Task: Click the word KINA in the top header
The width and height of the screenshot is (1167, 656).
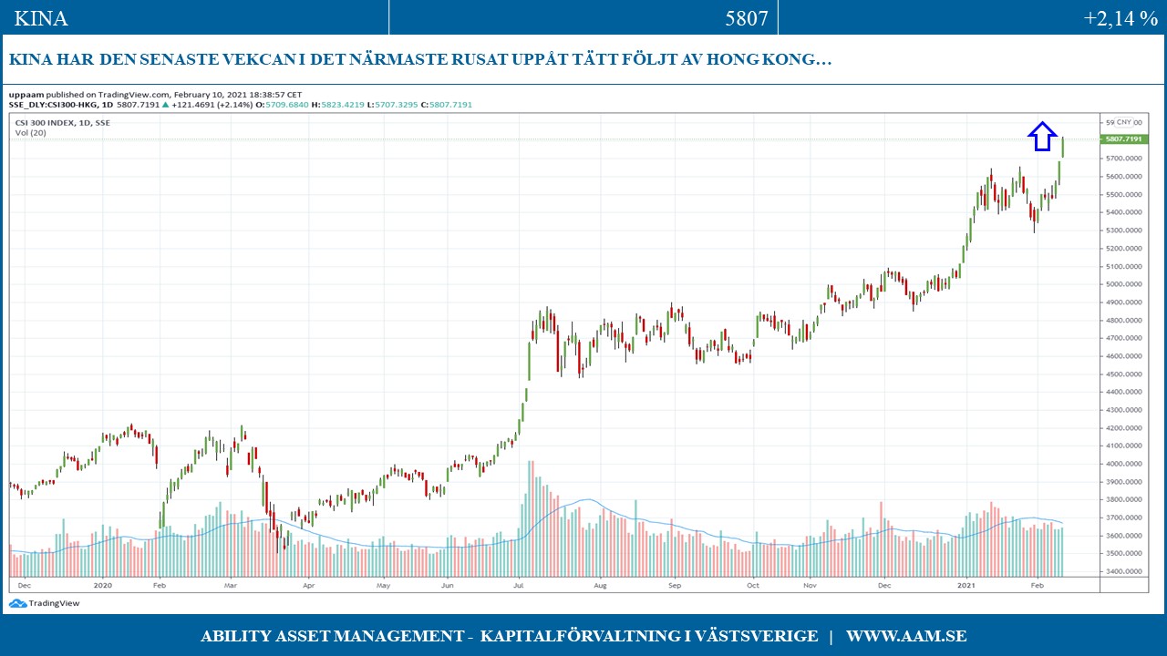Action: [x=41, y=18]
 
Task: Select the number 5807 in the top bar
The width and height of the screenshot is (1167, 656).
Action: [x=747, y=18]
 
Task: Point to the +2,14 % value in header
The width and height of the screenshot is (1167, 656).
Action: [x=1121, y=18]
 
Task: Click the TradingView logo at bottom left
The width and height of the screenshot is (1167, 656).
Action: [x=34, y=603]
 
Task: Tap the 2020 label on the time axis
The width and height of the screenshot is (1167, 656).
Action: [x=102, y=586]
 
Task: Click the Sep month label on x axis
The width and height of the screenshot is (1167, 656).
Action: [x=675, y=586]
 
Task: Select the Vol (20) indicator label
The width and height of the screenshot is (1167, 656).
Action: [x=30, y=133]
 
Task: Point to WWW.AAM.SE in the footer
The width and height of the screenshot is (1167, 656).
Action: [x=906, y=636]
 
